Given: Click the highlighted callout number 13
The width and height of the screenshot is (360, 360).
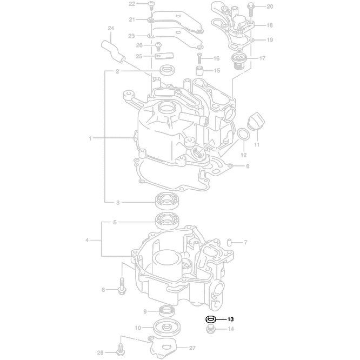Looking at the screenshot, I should [x=230, y=319].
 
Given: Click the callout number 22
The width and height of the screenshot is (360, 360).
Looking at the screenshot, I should [x=132, y=4].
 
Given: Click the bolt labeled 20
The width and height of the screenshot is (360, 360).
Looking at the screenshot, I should [x=251, y=8].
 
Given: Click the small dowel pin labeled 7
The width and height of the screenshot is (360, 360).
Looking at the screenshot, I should [x=229, y=242].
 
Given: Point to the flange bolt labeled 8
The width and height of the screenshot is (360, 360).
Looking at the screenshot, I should [x=121, y=288].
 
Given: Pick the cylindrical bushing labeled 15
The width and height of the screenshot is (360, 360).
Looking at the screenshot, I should [x=199, y=71].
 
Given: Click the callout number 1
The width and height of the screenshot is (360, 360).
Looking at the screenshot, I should [x=91, y=138].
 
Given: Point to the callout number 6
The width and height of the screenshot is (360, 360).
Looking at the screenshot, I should [x=248, y=166].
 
